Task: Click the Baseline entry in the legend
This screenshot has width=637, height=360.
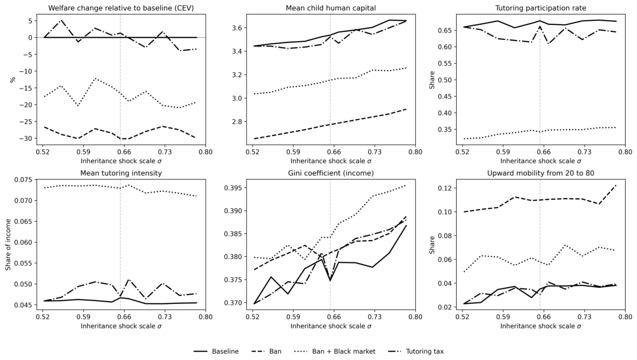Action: (216, 351)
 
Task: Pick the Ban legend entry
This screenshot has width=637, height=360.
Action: (267, 351)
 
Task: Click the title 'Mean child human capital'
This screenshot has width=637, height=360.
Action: (331, 8)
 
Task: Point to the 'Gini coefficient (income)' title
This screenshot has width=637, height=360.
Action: (331, 173)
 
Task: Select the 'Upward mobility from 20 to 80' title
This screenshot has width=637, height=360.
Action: (541, 173)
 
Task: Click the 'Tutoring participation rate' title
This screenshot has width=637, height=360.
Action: (541, 8)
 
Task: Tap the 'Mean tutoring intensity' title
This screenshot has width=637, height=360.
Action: (121, 173)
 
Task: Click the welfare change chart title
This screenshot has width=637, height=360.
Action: (121, 8)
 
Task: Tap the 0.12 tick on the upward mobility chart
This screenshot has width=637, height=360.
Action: (445, 188)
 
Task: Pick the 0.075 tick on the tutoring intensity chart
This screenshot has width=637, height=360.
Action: (24, 180)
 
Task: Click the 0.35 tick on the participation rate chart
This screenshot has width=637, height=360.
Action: (445, 130)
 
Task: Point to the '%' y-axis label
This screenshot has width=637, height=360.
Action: (13, 80)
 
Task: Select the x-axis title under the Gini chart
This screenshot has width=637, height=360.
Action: (331, 326)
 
